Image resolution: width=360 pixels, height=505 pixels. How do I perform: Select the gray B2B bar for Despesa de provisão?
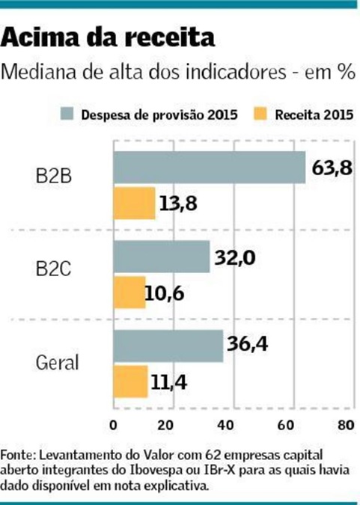tap(209, 168)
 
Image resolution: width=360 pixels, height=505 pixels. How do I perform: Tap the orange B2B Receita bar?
tap(134, 203)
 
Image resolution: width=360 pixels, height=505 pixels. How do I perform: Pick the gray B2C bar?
tap(161, 257)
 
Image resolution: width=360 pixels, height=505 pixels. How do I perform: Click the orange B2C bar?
tap(129, 292)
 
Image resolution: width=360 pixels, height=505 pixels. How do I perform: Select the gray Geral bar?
tap(168, 346)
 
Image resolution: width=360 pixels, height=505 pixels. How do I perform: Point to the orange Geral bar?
tap(130, 382)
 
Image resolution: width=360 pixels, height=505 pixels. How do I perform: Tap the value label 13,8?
tap(177, 203)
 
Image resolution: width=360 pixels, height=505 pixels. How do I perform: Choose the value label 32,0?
tap(235, 257)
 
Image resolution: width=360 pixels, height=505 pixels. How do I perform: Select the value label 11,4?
tap(171, 382)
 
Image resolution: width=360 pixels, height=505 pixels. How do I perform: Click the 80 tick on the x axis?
tap(344, 426)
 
